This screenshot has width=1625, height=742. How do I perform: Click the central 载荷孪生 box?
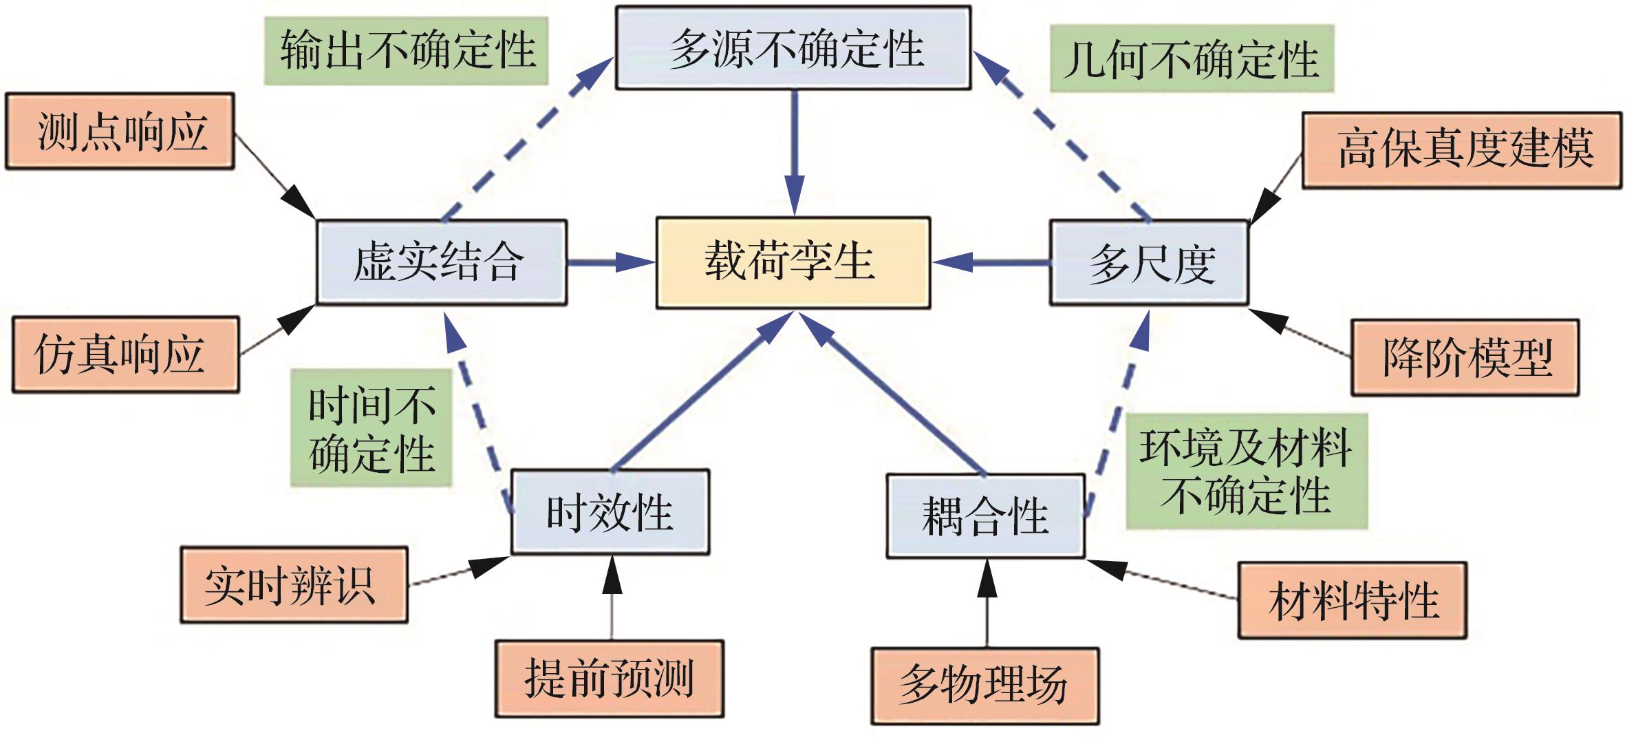793,262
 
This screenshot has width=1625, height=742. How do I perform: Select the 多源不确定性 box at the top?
793,48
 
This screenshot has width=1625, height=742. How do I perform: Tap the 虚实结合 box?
441,262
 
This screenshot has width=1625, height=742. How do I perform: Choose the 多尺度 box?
1148,262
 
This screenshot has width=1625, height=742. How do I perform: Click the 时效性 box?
610,512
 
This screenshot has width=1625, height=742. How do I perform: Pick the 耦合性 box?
985,516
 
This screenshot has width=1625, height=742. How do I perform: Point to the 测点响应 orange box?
120,131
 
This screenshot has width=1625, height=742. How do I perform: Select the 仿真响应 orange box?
125,354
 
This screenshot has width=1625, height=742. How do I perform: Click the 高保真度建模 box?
1461,150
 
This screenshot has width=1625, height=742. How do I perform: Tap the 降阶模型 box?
1465,357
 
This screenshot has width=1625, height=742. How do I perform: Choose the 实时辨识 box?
294,585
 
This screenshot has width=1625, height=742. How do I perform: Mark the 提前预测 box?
609,679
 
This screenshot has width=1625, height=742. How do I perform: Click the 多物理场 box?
984,686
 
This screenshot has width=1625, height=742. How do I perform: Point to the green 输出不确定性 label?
406,51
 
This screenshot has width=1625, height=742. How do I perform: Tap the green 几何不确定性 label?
1192,59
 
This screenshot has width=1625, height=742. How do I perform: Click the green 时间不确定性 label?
371,428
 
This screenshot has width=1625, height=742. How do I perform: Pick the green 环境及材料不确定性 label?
1246,471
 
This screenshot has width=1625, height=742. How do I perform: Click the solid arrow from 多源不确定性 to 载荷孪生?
795,151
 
